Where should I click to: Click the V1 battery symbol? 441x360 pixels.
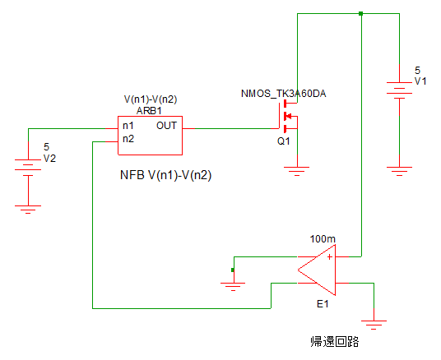click(x=399, y=90)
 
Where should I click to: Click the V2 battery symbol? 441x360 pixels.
click(x=28, y=168)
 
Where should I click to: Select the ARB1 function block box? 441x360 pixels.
click(x=151, y=136)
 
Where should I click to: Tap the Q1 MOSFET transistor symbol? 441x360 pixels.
click(x=287, y=116)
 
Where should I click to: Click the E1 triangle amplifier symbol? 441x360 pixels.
click(x=317, y=270)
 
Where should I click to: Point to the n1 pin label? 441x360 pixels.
click(x=128, y=126)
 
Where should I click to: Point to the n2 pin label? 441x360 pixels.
click(x=128, y=139)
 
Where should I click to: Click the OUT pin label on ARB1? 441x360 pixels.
click(x=166, y=126)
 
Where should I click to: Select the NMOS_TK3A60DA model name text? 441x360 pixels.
click(x=284, y=94)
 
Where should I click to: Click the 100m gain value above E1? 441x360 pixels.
click(x=323, y=239)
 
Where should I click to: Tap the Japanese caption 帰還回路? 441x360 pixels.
click(x=335, y=342)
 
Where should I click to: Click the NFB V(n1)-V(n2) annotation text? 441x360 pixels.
click(x=165, y=175)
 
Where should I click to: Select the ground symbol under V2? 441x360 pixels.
click(x=28, y=210)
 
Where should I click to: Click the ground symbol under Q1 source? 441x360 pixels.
click(x=297, y=171)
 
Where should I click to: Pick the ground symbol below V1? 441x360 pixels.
click(x=399, y=171)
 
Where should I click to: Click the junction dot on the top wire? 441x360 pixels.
click(x=361, y=13)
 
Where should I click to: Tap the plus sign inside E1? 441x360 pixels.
click(x=330, y=257)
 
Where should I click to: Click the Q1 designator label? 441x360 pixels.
click(x=284, y=141)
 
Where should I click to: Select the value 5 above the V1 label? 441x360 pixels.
click(x=418, y=70)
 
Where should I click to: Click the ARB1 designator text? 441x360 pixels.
click(x=149, y=111)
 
